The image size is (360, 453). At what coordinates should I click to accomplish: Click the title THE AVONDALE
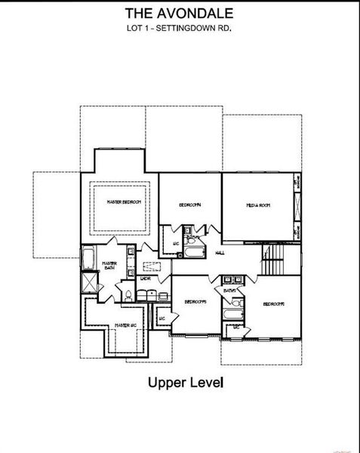point(180,14)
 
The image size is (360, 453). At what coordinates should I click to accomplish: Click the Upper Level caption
point(186,383)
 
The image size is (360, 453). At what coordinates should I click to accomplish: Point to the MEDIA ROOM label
point(257,205)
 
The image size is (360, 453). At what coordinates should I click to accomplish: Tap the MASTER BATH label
point(109,266)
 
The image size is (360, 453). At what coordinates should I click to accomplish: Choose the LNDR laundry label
point(145,279)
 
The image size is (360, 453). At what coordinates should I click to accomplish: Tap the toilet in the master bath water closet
point(128,293)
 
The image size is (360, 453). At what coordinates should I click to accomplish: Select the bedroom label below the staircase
point(273,304)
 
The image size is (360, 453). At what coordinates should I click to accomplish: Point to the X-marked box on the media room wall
point(295,205)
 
